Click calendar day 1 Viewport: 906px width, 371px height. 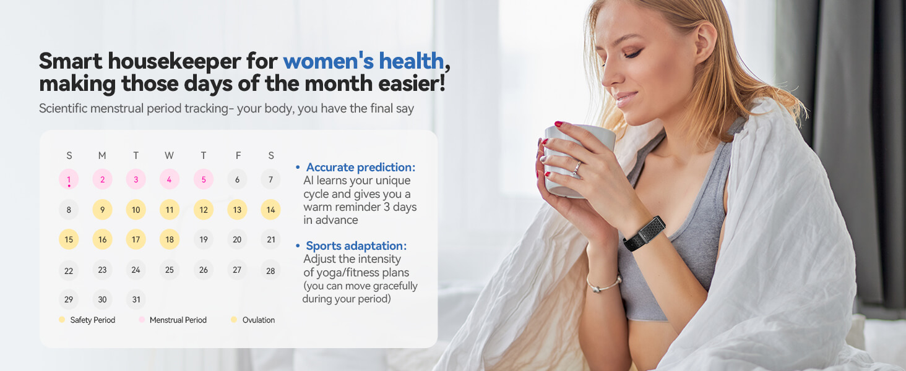point(69,180)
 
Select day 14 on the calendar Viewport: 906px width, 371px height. point(270,210)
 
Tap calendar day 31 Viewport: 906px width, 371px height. point(136,300)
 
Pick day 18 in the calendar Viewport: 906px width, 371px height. point(169,240)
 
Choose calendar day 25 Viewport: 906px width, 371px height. point(169,270)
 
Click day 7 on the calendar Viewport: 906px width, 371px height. point(270,180)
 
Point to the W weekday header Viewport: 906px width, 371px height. point(169,156)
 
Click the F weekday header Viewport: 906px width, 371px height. point(238,156)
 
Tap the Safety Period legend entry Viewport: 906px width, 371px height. point(92,320)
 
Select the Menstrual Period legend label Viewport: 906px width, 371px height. point(178,320)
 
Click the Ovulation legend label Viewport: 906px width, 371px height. point(258,320)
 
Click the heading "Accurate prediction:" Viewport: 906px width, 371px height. point(360,168)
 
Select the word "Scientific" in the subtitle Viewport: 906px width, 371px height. point(63,108)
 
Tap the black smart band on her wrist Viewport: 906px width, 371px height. point(644,233)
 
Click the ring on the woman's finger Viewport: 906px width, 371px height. point(577,168)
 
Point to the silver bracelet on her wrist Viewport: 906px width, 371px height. point(604,285)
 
